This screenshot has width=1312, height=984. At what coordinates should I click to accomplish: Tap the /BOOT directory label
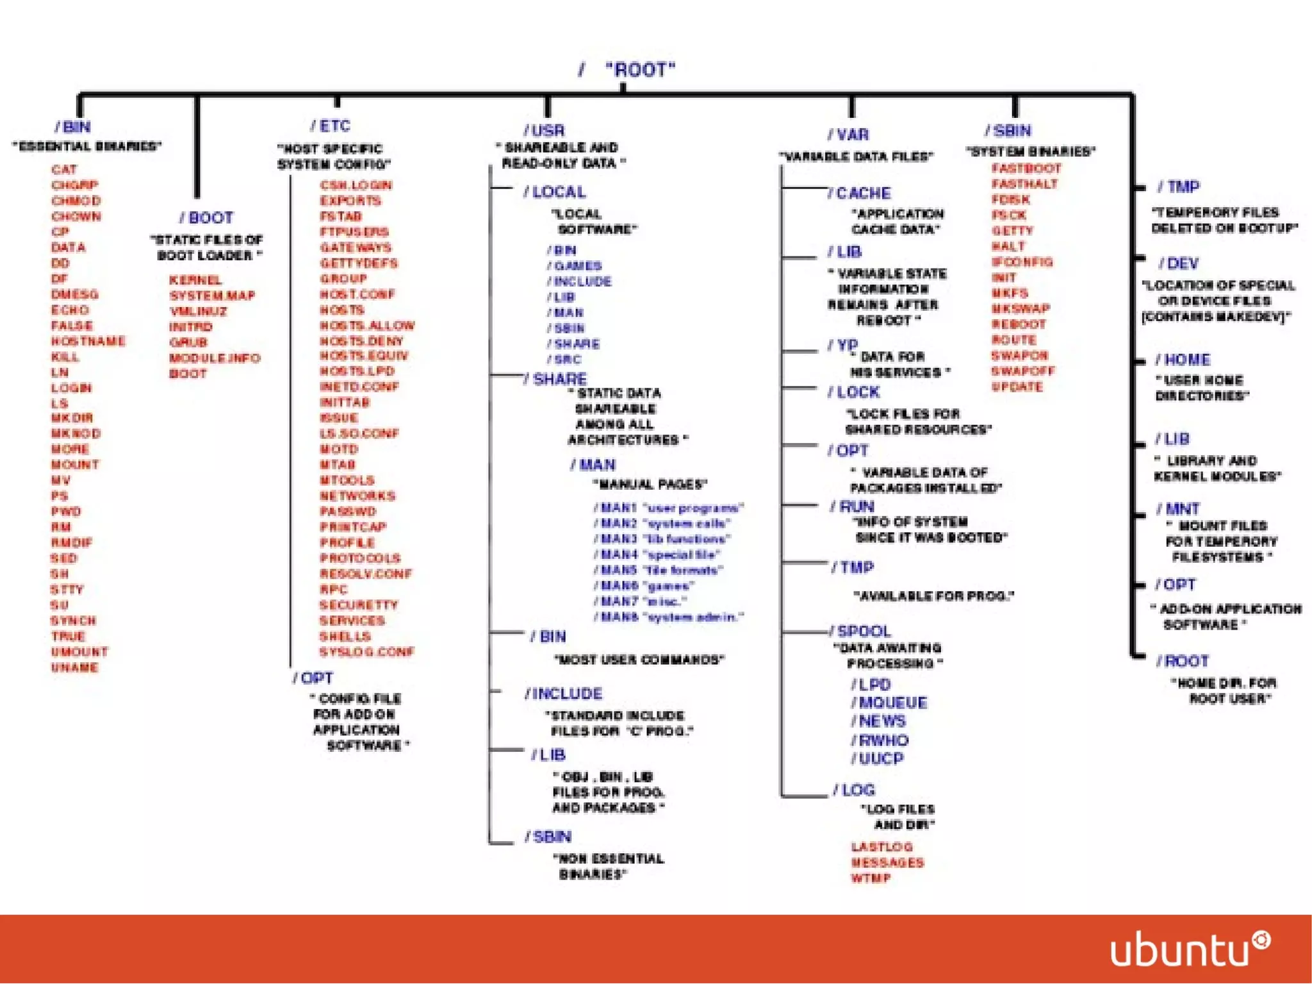click(206, 218)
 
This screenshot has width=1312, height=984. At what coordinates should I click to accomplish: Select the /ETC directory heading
click(331, 126)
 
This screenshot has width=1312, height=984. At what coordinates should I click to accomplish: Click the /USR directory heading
click(545, 131)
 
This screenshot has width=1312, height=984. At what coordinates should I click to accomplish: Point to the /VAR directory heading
click(848, 135)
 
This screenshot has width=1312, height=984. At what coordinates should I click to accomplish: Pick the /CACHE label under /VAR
click(859, 193)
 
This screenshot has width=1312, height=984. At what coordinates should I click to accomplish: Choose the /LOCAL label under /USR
click(555, 192)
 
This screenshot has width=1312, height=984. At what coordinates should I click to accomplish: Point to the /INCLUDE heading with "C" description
click(564, 694)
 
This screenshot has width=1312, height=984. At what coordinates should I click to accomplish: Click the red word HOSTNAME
click(88, 341)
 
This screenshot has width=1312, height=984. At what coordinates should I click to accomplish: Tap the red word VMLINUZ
click(198, 312)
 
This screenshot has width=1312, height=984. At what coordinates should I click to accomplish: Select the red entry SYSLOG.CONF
click(367, 652)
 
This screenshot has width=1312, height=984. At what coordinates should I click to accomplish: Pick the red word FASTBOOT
click(1026, 169)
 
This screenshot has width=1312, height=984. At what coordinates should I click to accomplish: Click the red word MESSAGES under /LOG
click(887, 863)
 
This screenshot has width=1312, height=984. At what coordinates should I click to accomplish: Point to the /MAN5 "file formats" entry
click(659, 571)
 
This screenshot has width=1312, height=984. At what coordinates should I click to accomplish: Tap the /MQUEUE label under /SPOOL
click(889, 703)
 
